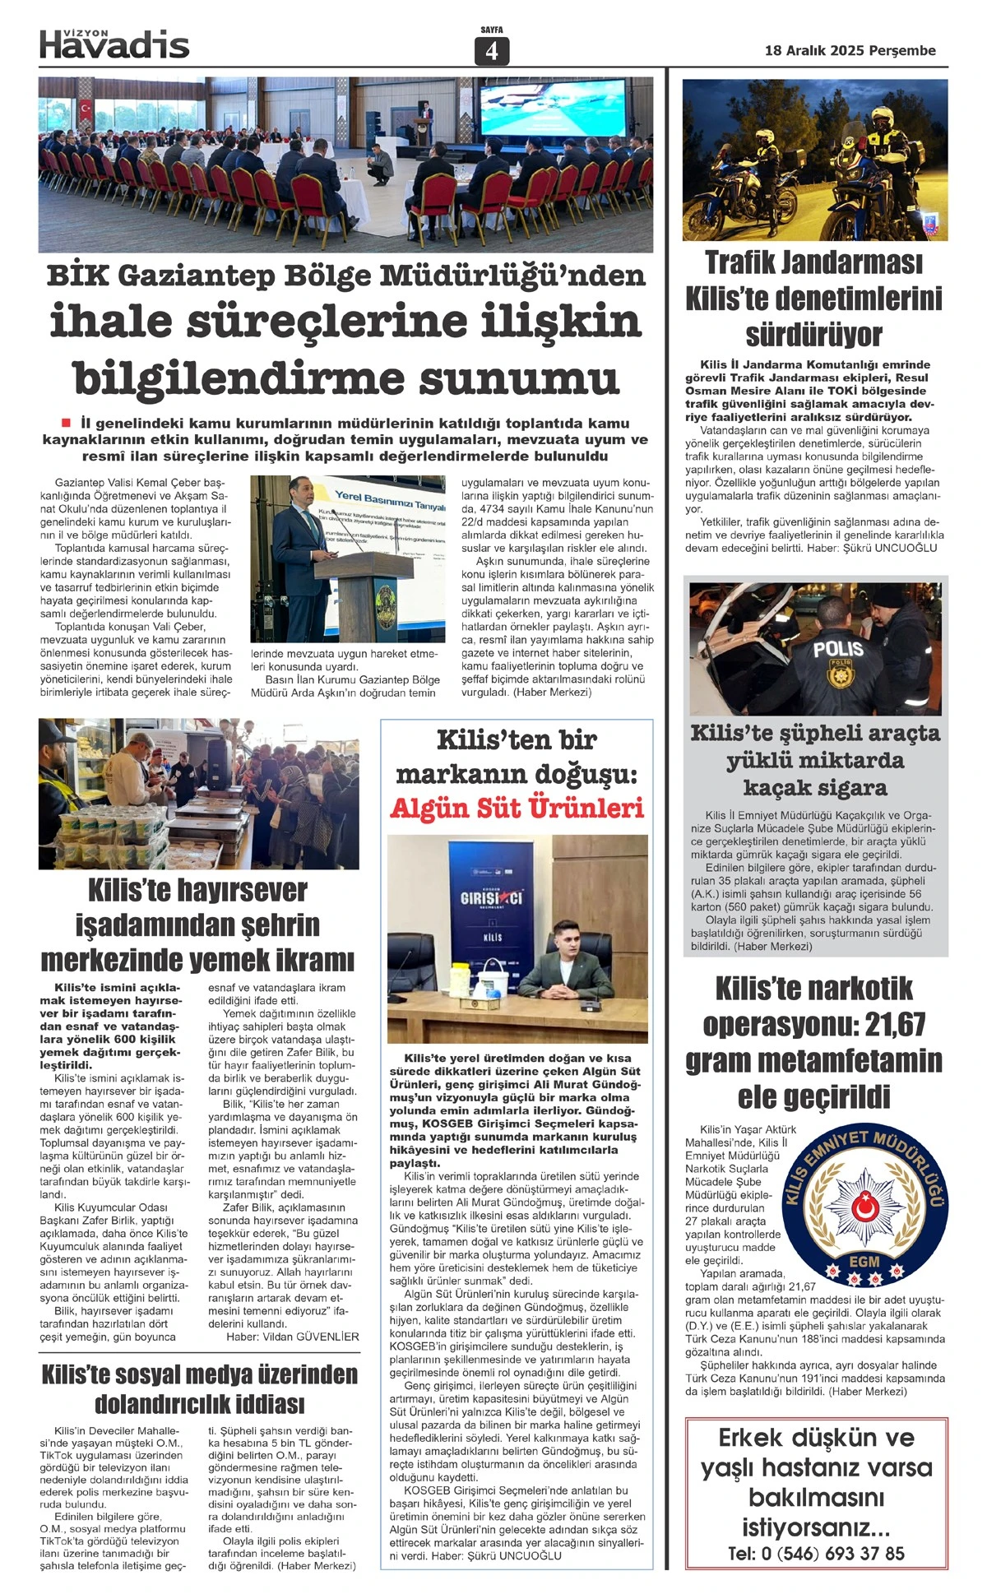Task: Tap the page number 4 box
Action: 492,51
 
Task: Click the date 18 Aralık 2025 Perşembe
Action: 850,51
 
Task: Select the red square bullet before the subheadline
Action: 67,423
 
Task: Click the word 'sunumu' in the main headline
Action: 518,378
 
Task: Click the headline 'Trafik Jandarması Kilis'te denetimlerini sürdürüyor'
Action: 813,298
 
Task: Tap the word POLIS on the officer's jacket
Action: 838,649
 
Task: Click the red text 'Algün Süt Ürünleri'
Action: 517,809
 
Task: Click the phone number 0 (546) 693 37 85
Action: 816,1554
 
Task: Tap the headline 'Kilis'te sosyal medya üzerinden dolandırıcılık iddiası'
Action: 199,1388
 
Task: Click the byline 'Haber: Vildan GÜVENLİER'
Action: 293,1337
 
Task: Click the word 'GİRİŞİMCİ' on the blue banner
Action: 491,898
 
